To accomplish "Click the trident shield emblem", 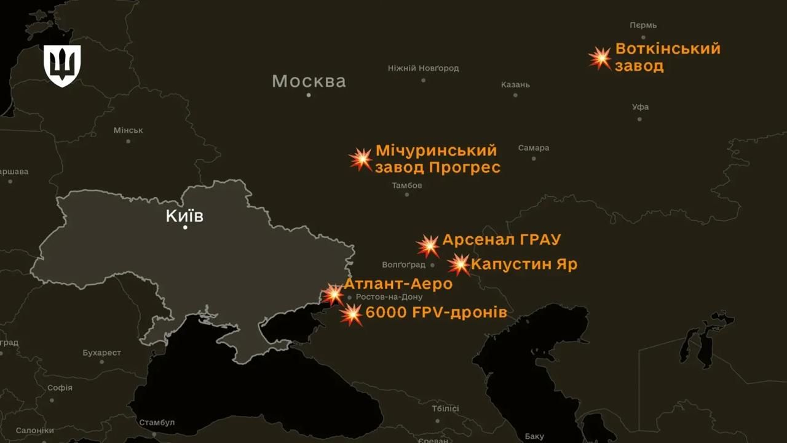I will point(62,65).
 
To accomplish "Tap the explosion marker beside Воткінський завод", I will point(600,58).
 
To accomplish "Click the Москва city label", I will point(309,81).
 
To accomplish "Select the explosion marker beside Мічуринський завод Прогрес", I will point(362,159).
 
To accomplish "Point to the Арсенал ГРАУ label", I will point(501,239).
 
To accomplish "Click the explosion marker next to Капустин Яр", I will point(459,265).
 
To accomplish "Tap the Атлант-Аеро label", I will point(398,284).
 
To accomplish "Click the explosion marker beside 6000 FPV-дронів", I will point(352,314).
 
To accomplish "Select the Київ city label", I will point(184,216).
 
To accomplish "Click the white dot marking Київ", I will point(185,228).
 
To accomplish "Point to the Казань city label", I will point(515,85).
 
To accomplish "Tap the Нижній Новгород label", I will point(423,68).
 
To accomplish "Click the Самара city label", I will point(534,148).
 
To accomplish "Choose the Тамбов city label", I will point(407,185).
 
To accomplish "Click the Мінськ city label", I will point(128,130).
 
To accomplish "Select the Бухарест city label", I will point(102,353).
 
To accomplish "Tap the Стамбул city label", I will point(157,423).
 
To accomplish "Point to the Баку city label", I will point(534,436).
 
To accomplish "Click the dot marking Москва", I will point(309,95).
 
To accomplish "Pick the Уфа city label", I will point(640,107).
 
